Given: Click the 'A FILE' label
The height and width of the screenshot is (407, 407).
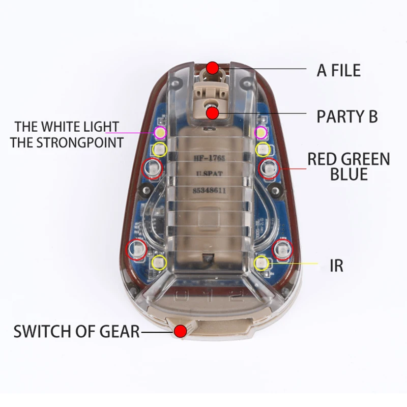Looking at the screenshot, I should point(338,70).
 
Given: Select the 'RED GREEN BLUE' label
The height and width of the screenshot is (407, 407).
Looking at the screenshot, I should point(348,166).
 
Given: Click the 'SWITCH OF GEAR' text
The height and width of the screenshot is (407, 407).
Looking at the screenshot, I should point(77,332).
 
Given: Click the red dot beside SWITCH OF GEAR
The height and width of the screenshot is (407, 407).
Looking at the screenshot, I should point(179,332).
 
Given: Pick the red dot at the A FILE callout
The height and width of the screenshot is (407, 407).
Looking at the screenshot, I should point(213,68).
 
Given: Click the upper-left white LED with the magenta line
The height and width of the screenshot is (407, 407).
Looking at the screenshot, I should point(159,133).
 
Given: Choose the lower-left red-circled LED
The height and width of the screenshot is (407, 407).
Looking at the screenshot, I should point(136,249).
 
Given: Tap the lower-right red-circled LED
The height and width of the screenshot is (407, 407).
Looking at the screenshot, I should point(282,249).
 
